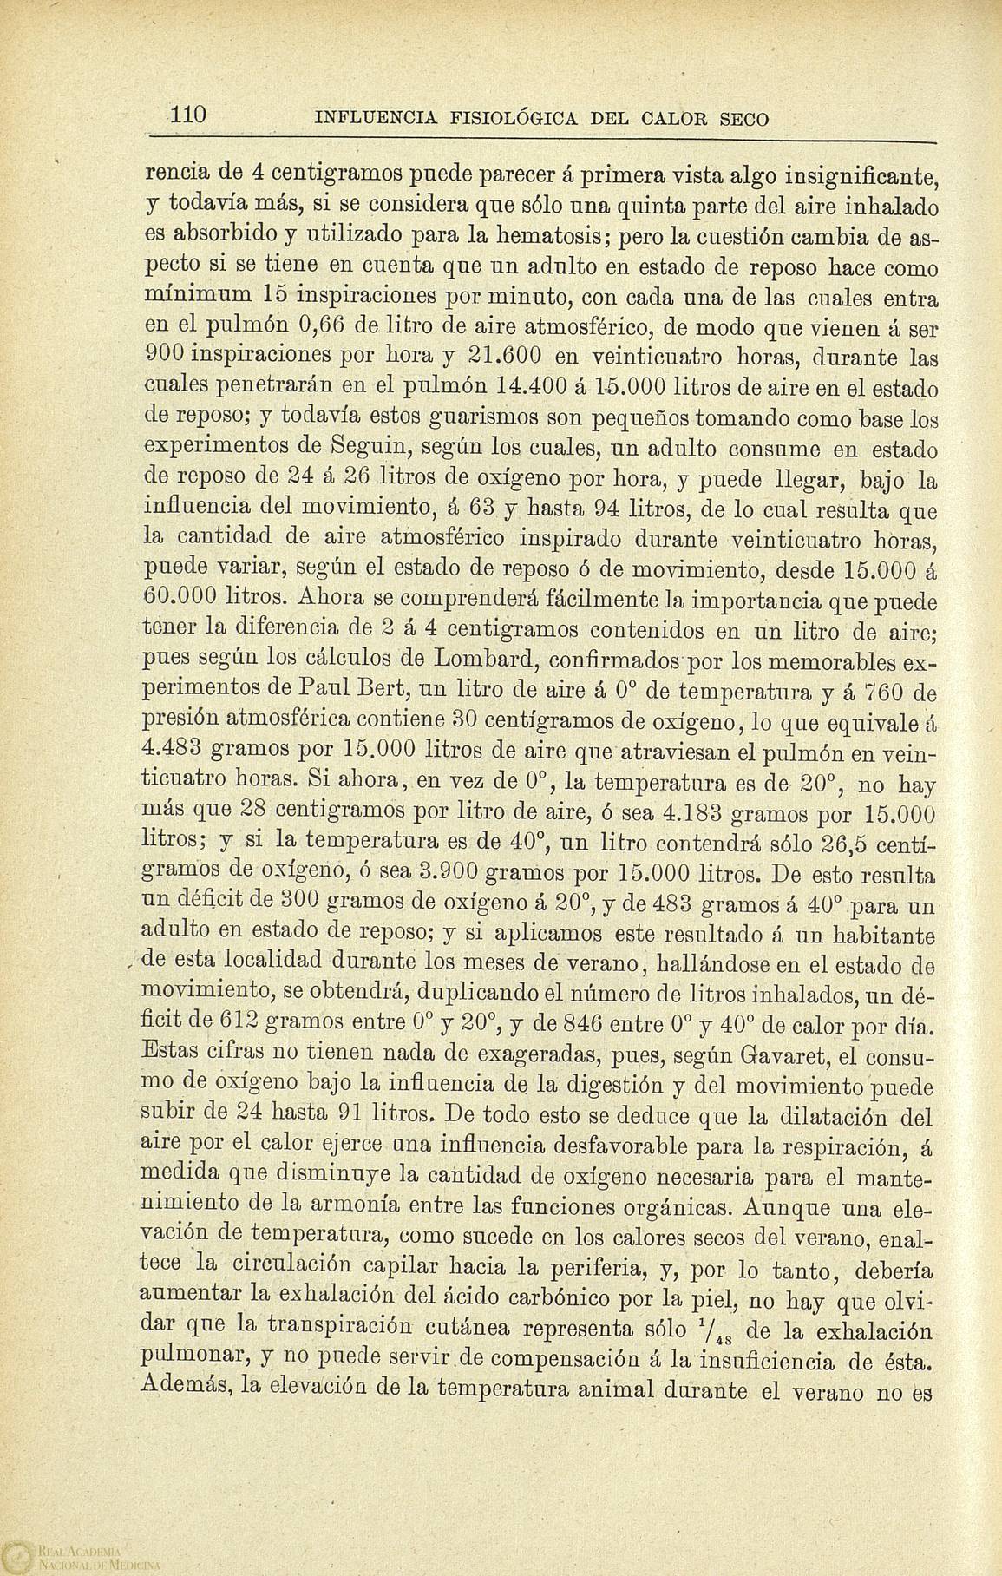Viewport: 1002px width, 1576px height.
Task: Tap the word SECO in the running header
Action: (x=744, y=119)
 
